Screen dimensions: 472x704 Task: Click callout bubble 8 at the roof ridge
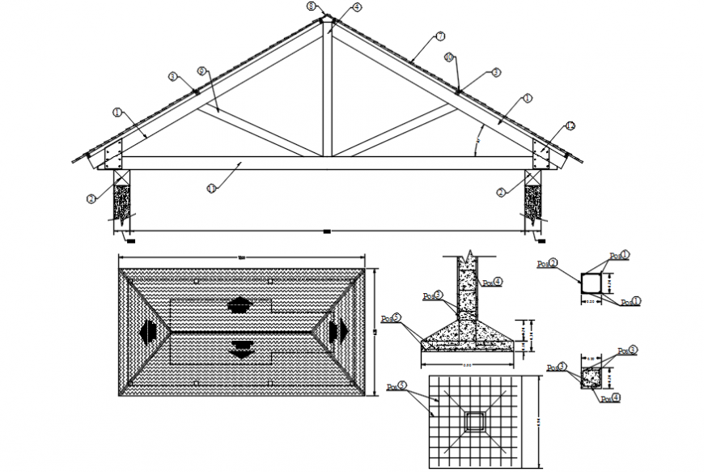click(312, 6)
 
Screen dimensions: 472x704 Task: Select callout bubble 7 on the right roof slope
click(440, 36)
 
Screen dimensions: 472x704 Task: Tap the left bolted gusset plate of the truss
click(112, 152)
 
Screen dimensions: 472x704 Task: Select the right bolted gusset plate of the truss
click(540, 152)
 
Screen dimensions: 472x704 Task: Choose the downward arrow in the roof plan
click(240, 349)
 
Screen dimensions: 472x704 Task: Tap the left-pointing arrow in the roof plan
click(150, 331)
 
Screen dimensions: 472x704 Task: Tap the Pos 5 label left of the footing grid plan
click(397, 386)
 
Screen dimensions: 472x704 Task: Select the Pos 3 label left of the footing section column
click(432, 296)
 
